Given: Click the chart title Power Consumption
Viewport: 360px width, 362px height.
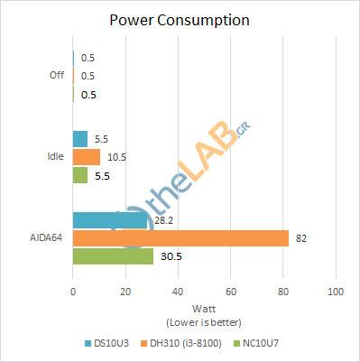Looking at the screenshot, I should (x=180, y=19).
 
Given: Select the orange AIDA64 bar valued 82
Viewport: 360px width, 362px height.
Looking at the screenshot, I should (x=180, y=238).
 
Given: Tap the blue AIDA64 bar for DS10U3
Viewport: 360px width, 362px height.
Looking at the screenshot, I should (x=109, y=220).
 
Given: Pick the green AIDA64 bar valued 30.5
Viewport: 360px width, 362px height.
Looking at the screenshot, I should (x=113, y=256).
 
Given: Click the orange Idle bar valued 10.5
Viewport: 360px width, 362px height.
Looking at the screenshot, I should (x=86, y=157).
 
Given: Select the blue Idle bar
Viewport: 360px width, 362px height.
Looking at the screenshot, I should (x=79, y=139).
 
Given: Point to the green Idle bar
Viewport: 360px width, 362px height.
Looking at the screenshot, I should (x=79, y=175).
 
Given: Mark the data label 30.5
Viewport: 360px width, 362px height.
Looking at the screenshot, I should (x=166, y=256).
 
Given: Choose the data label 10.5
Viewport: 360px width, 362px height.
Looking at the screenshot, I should (x=115, y=157).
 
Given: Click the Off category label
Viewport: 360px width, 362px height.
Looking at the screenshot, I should (x=57, y=75).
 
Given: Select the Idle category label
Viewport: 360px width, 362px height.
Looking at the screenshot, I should (x=55, y=157).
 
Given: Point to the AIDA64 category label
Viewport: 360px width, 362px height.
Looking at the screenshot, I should (x=46, y=238).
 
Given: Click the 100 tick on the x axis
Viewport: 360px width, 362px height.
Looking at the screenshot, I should (x=336, y=292).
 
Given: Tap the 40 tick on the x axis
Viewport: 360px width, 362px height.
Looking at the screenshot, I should (x=178, y=292).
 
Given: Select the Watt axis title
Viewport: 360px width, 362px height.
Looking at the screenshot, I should (x=204, y=307).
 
